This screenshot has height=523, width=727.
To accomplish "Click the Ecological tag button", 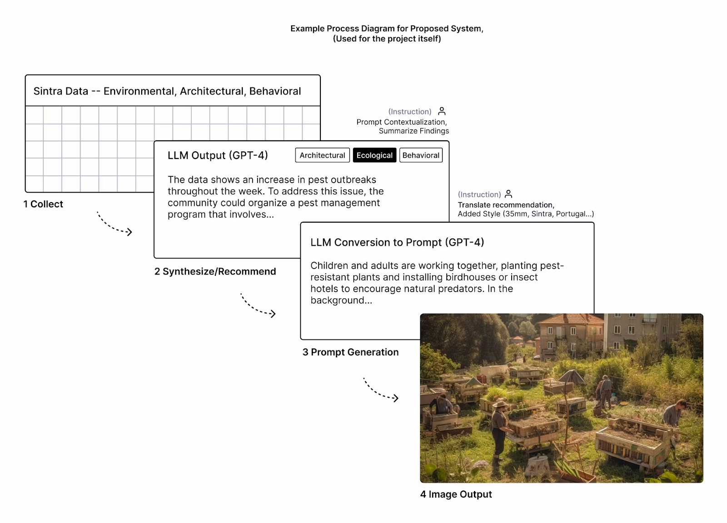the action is tap(374, 155).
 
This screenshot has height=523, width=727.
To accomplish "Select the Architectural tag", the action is tap(322, 155).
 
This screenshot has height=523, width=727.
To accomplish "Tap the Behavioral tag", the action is tap(421, 155).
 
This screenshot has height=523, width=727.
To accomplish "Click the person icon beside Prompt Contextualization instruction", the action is tap(442, 111).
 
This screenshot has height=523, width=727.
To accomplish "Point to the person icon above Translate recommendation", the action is tap(508, 194).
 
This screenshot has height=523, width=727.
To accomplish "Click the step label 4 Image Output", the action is tap(456, 494).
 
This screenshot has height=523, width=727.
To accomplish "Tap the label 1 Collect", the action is tap(43, 204).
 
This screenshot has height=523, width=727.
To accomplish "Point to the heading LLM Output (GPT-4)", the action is tap(218, 155).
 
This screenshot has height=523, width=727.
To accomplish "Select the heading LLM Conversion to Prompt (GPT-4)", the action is tap(397, 242).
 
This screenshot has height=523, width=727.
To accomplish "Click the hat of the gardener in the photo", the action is tap(500, 404).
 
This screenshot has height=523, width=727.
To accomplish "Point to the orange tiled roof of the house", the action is tap(570, 319).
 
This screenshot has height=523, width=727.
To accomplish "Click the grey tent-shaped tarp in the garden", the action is tap(571, 377).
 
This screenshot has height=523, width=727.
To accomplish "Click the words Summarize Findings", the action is tap(414, 131).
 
